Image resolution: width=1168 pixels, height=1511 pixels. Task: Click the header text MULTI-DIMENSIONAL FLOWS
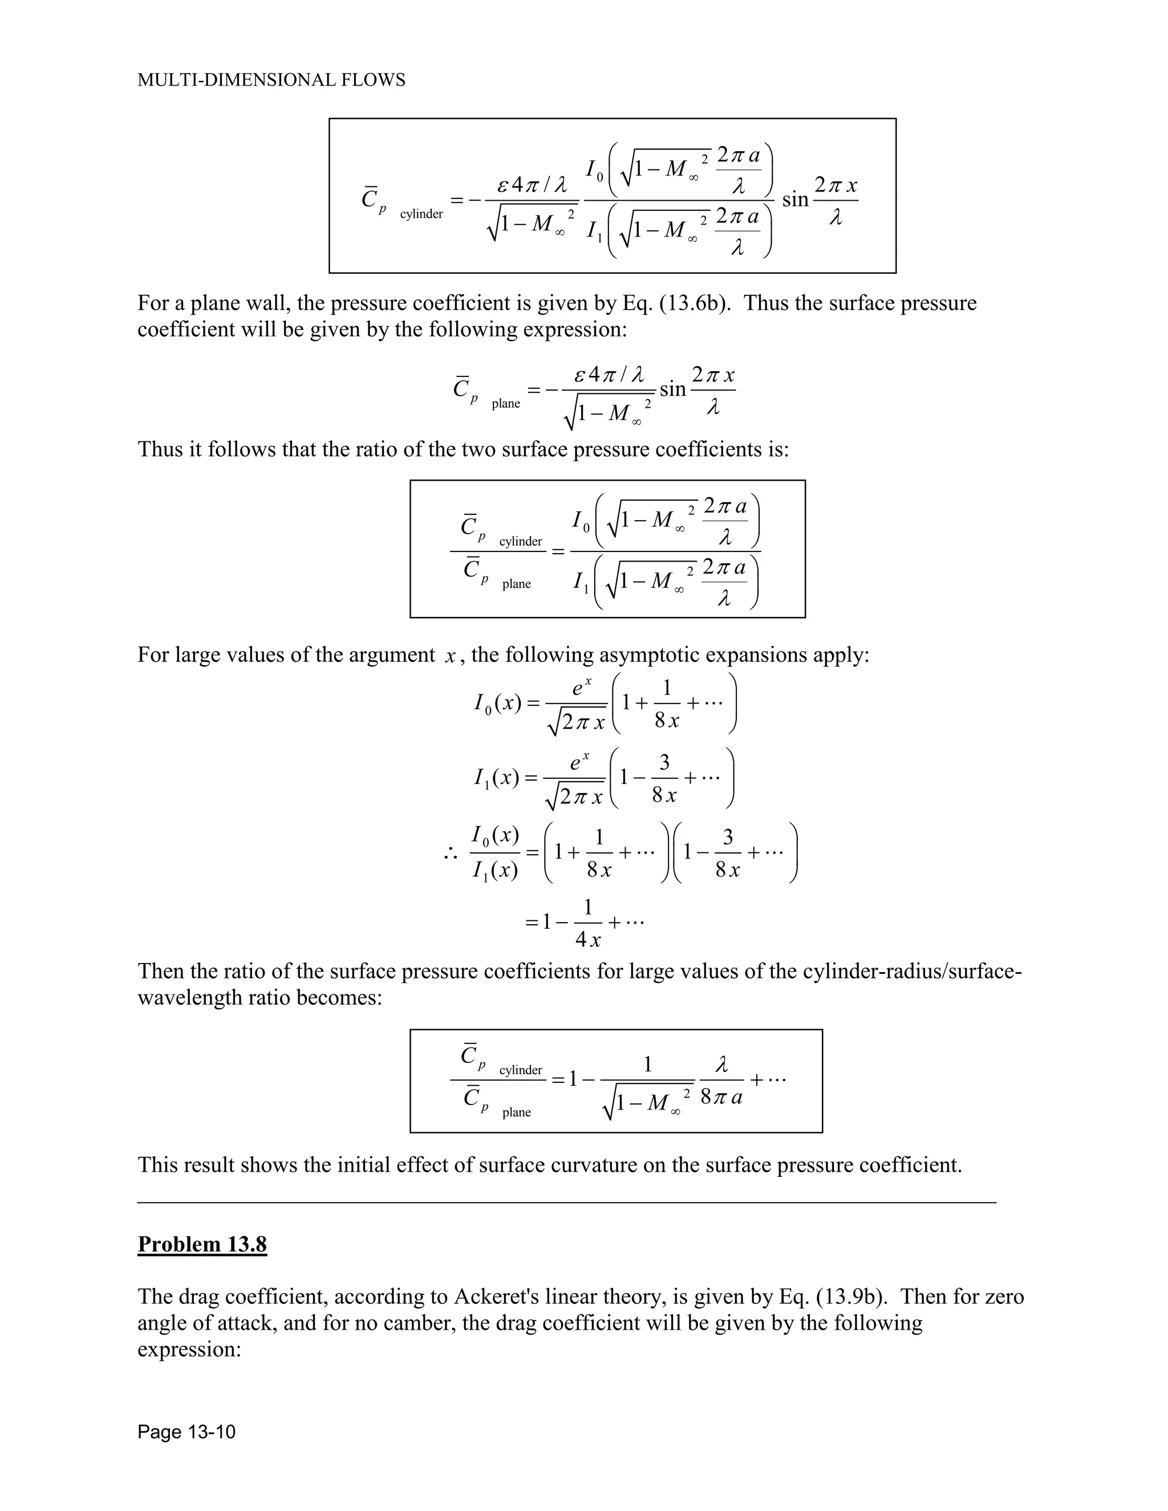coord(271,80)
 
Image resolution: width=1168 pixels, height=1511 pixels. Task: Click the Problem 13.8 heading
coord(202,1244)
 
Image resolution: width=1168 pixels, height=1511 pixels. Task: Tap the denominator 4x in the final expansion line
coord(587,940)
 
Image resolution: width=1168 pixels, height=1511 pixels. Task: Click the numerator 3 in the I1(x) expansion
coord(664,762)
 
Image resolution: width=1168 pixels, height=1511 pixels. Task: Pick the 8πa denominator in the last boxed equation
coord(721,1097)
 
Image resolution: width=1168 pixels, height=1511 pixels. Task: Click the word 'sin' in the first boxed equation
coord(795,200)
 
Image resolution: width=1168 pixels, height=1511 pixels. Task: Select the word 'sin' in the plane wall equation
coord(672,389)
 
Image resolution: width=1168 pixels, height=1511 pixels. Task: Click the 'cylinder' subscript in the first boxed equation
coord(421,214)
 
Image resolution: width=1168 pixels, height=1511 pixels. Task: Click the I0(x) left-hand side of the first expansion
coord(497,703)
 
